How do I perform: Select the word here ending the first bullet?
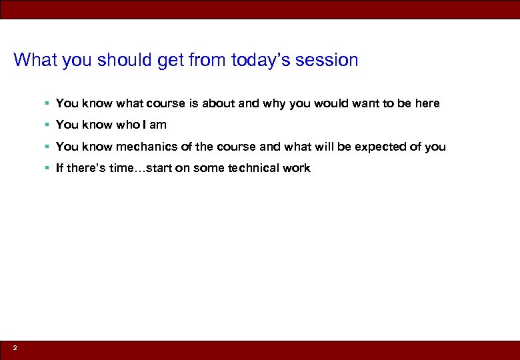427,103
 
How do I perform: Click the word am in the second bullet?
158,125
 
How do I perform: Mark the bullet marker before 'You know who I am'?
47,125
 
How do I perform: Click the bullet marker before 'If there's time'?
47,168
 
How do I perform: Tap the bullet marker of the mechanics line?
47,147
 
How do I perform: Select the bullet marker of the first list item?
47,103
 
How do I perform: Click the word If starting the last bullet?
59,168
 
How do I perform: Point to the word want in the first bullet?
366,103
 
